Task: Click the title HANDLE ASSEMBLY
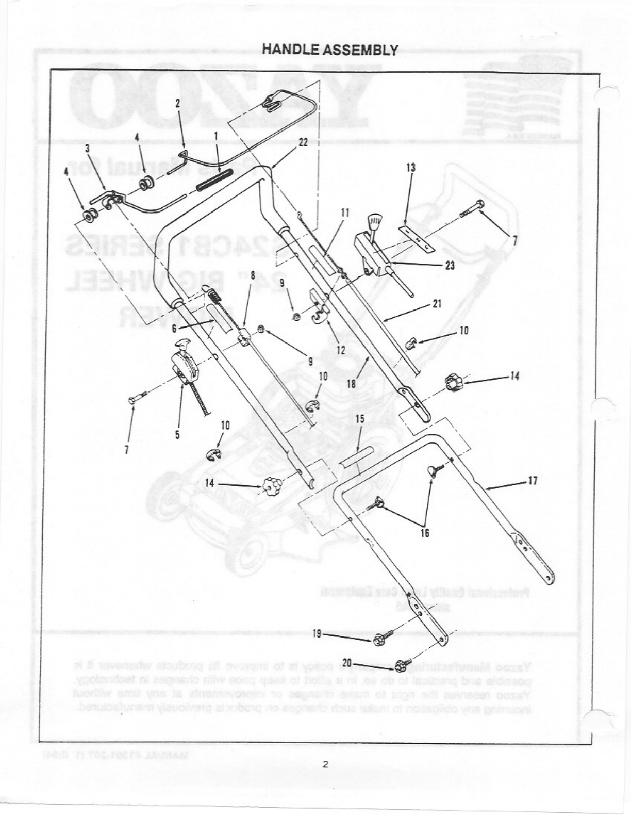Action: [x=330, y=50]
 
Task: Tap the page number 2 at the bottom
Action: [x=325, y=764]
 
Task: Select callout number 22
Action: [x=303, y=143]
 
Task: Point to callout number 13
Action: [x=411, y=168]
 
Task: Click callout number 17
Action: [x=533, y=481]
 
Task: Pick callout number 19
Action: [x=318, y=633]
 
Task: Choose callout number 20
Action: [x=347, y=662]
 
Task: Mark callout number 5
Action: [x=177, y=434]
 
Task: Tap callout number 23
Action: [x=450, y=265]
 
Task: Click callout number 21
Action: [x=437, y=304]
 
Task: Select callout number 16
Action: [x=425, y=533]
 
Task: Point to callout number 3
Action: [x=88, y=148]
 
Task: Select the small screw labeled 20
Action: [x=407, y=660]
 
